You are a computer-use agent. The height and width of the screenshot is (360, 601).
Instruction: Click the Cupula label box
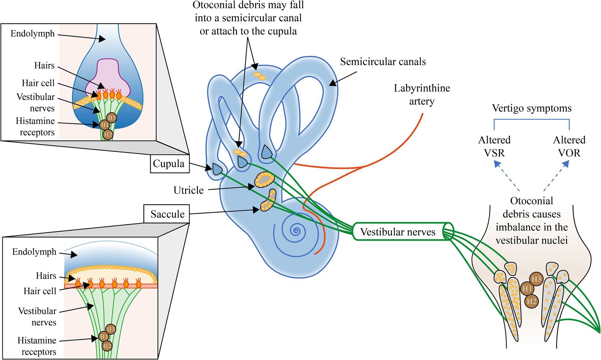click(169, 164)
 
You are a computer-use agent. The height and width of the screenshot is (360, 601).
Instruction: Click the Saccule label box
click(167, 214)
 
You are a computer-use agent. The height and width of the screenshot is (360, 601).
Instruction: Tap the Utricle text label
click(188, 190)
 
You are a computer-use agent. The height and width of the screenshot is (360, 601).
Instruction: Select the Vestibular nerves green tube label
click(398, 232)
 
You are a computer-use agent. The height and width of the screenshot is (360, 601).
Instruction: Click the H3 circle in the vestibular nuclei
click(536, 279)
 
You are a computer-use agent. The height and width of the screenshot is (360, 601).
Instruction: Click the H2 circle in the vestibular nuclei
click(531, 301)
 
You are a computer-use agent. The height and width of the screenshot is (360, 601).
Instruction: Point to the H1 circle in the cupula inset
click(104, 125)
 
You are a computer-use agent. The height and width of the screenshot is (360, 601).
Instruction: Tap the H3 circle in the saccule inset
click(110, 329)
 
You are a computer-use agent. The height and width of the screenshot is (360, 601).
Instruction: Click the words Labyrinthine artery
click(422, 94)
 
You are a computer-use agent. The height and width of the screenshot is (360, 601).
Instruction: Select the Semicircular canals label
click(383, 62)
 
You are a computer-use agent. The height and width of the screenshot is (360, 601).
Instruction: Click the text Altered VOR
click(569, 146)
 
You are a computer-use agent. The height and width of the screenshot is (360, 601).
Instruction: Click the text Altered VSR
click(494, 146)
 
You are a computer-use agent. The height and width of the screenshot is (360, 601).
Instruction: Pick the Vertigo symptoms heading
click(532, 108)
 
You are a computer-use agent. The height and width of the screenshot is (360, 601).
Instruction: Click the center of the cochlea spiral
click(296, 231)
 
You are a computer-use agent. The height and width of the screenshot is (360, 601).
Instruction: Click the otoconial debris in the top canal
click(260, 76)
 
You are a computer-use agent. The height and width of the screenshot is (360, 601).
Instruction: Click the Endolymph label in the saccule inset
click(34, 252)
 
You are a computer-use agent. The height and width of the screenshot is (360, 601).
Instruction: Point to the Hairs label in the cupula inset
click(44, 66)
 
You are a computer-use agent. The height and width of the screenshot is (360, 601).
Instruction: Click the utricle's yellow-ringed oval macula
click(264, 180)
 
